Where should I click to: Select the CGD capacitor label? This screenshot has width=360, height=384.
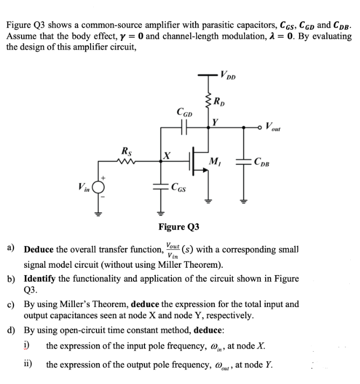[x=183, y=112]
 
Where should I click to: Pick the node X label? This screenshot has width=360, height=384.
[x=168, y=156]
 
